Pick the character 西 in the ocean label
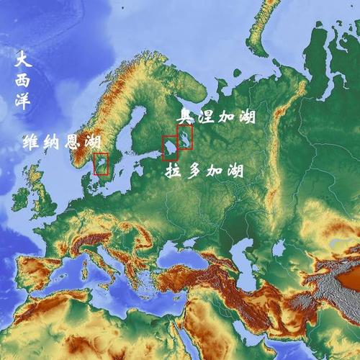[24, 79]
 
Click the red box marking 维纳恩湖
[101, 164]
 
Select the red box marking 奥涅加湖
[185, 136]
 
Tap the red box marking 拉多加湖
[170, 147]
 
